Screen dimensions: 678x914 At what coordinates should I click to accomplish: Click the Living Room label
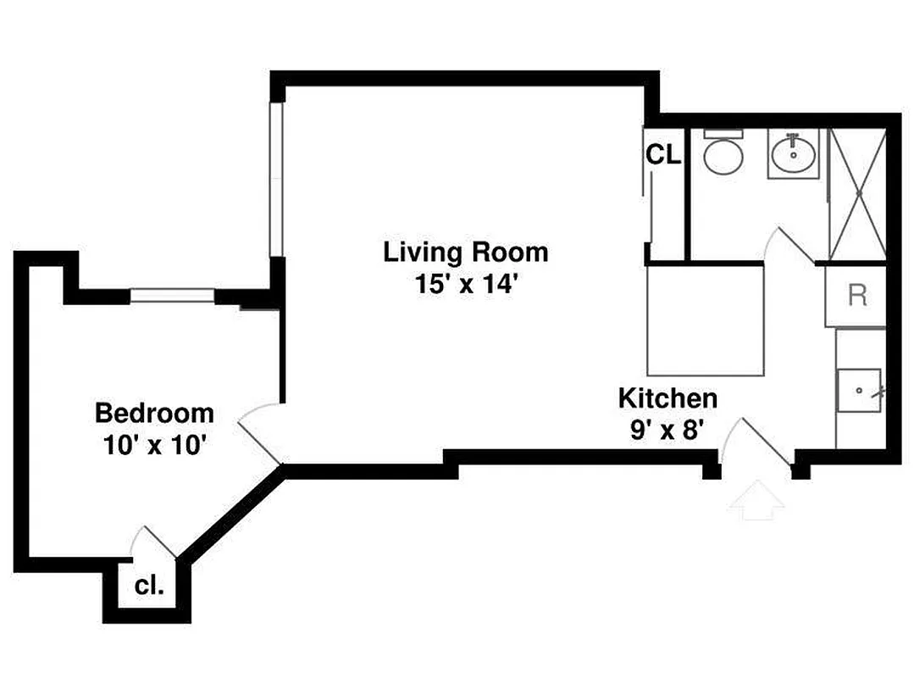tap(465, 252)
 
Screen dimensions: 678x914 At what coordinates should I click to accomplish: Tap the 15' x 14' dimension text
tap(465, 283)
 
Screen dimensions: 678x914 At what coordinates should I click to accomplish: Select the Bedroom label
tap(154, 414)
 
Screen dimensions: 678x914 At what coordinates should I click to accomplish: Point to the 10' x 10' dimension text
tap(154, 444)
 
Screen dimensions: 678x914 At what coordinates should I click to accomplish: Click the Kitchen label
tap(667, 397)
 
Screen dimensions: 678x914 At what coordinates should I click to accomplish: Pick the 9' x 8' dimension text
tap(667, 430)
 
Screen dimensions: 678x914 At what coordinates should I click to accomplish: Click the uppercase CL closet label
tap(663, 155)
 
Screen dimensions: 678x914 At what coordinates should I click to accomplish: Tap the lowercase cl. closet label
tap(149, 586)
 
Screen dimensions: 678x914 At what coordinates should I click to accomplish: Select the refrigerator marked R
tap(856, 296)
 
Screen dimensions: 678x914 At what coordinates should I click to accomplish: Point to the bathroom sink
tap(794, 153)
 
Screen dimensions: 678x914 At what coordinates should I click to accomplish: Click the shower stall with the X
tap(857, 194)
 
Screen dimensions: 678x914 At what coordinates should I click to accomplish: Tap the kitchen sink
tap(860, 391)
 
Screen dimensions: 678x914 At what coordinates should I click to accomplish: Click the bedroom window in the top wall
tap(173, 296)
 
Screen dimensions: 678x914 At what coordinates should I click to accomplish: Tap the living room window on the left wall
tap(275, 179)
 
